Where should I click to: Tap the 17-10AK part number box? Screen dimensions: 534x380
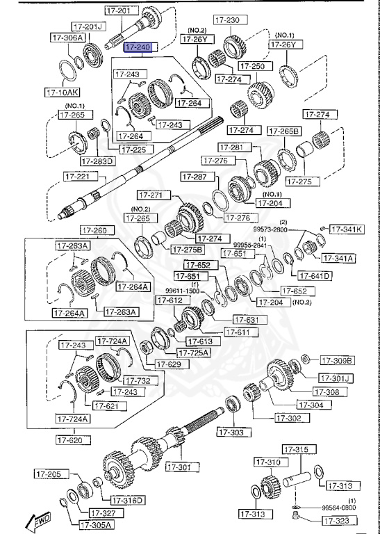pos(63,91)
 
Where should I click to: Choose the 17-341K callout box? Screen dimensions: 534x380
pos(346,229)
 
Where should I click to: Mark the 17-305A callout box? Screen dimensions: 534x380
pos(96,524)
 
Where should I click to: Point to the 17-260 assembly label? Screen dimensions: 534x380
pos(95,231)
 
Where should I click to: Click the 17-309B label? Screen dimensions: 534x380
pos(337,360)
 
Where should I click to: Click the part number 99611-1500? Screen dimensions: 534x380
pos(181,291)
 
